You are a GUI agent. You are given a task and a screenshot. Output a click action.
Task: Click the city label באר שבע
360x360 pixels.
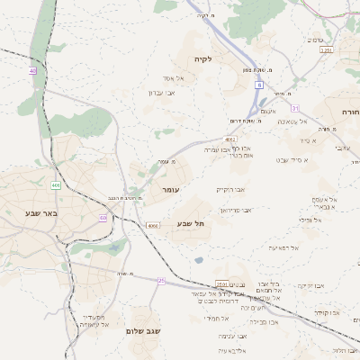point(41,212)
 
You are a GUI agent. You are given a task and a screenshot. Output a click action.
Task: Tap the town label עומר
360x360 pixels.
point(171,191)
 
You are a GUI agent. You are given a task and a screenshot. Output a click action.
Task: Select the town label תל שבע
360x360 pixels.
point(192,222)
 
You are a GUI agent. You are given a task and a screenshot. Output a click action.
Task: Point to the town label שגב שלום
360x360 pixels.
point(143,331)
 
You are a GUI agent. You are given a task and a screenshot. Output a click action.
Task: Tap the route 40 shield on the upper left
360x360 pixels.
point(33,70)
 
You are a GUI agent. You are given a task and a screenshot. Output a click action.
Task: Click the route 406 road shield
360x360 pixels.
point(55,185)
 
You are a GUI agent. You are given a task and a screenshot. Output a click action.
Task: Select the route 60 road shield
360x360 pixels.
point(103,218)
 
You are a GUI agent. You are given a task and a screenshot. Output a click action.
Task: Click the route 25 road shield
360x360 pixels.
point(161,281)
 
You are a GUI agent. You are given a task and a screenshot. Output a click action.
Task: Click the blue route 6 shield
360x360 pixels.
point(258,85)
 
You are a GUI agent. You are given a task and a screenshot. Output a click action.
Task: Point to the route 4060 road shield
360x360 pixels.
point(153,225)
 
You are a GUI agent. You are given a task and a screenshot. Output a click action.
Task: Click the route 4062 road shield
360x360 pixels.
point(230,139)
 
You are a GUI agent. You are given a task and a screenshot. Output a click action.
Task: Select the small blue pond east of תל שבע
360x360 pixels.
point(198,261)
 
